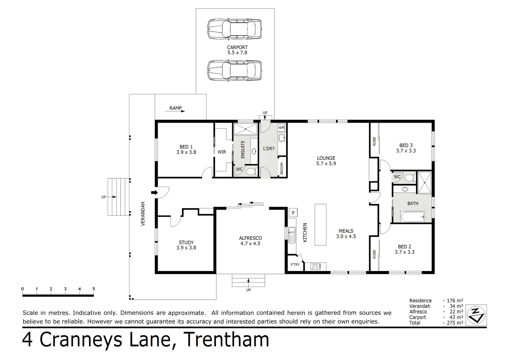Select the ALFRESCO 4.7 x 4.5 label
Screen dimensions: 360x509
[250, 241]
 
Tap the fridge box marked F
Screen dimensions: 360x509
[293, 213]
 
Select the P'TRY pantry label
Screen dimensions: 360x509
[295, 265]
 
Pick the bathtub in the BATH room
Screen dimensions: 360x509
[412, 217]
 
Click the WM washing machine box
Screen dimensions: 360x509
[281, 128]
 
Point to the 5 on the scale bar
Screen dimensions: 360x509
[94, 289]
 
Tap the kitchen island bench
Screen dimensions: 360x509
[320, 225]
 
